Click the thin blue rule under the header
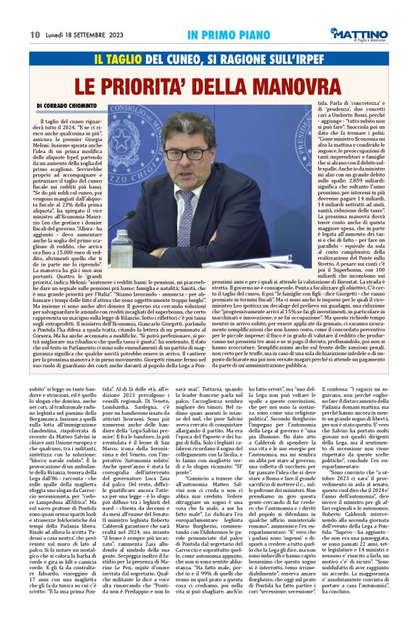(205, 44)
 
